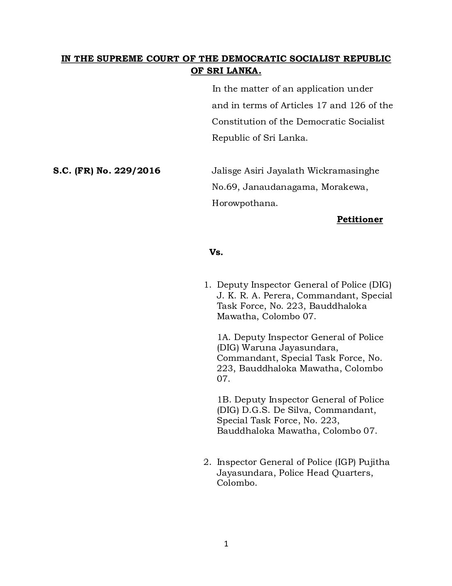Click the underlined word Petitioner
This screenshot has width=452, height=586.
pos(360,219)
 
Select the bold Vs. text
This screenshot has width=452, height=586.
pos(216,252)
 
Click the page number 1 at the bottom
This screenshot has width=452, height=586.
pos(226,544)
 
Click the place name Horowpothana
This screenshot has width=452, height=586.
pos(245,204)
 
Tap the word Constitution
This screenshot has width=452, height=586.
pos(237,122)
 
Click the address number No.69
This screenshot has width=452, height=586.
pos(225,187)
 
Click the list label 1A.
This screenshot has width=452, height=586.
pos(223,337)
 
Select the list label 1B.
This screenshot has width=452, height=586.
pos(223,400)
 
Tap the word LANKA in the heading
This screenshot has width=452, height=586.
pos(245,71)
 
